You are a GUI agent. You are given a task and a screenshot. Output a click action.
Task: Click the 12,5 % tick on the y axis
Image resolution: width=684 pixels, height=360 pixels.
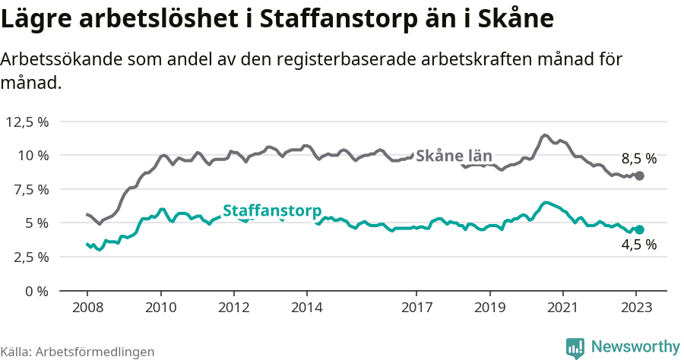pos(27,122)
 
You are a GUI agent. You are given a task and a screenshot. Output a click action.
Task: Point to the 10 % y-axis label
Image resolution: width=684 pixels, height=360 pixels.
pos(32,155)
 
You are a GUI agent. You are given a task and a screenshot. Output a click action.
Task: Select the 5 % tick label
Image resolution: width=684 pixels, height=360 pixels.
pos(36,223)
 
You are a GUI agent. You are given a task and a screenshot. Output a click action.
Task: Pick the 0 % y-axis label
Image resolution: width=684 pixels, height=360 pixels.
pos(36,290)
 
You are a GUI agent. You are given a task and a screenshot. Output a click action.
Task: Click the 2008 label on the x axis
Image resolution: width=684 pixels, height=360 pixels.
pos(87,308)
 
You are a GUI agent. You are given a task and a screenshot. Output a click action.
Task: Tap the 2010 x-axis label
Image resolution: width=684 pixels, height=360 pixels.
pos(160,308)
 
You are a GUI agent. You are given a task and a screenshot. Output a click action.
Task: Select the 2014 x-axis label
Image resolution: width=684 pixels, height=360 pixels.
pos(307,308)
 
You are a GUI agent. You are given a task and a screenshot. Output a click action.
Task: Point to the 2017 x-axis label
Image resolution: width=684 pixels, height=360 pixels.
pos(416,308)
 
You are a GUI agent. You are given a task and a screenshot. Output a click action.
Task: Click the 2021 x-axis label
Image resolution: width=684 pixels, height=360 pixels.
pos(563,308)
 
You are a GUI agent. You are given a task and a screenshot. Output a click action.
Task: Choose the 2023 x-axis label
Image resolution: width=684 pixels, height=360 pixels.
pos(637,308)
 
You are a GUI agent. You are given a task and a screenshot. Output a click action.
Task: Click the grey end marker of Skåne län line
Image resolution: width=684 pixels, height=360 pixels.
pos(639,175)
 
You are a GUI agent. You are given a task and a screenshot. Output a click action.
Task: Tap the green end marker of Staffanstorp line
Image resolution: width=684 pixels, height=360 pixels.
pos(639,229)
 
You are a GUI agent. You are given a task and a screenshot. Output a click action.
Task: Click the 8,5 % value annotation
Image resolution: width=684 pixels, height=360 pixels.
pos(638,159)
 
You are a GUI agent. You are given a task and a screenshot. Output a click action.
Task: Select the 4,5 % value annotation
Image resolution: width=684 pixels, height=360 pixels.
pos(638,245)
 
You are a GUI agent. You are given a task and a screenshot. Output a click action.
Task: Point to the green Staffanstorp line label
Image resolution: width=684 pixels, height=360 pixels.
pos(271,211)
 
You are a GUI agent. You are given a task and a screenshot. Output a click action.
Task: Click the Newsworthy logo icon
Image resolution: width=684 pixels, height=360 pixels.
pos(575,347)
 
